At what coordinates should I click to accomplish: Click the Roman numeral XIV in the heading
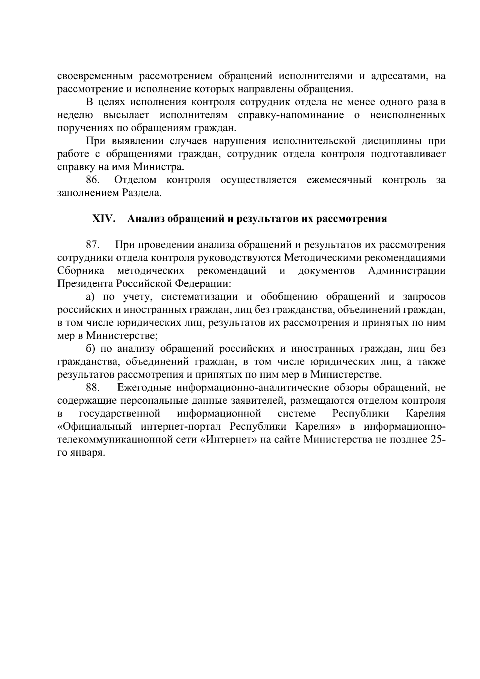click(104, 219)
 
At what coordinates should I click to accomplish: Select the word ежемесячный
click(339, 180)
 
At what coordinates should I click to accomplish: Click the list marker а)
click(90, 297)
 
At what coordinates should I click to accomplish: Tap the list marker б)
click(90, 349)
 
